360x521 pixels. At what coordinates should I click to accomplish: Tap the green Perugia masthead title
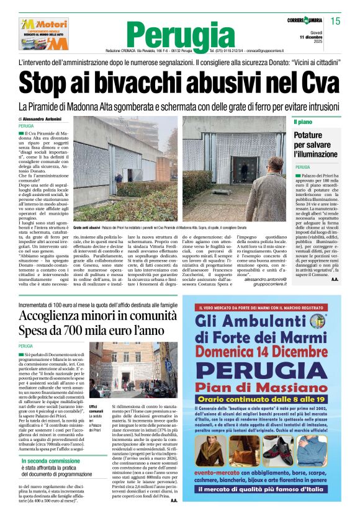pos(180,33)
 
